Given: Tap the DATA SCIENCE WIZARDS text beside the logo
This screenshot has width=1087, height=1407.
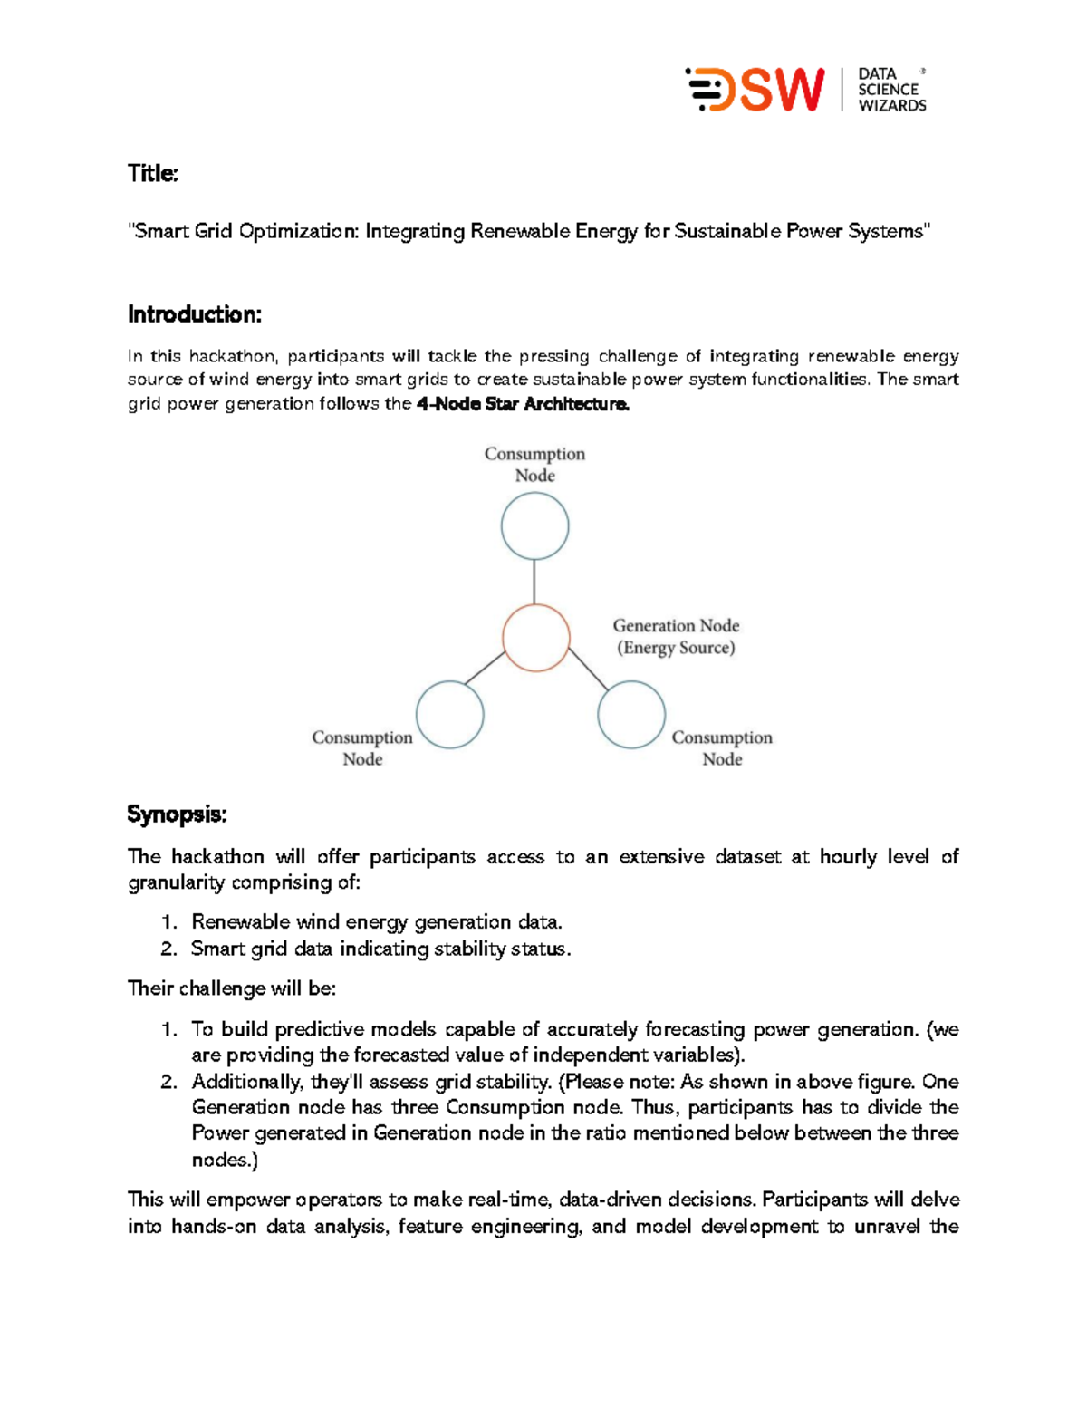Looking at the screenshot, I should coord(891,90).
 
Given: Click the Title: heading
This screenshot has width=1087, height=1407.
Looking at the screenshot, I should coord(152,173).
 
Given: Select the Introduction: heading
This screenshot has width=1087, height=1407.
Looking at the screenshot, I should coord(194,314).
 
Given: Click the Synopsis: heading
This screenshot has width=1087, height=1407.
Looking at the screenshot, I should coord(177,814).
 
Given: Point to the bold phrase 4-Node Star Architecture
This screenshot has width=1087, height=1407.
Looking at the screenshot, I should coord(523,404).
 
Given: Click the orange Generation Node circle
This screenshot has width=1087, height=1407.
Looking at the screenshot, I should coord(536,639).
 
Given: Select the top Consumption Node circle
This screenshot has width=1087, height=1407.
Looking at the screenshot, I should coord(534,526).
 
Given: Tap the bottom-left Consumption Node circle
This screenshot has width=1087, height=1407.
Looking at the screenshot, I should coord(450,715).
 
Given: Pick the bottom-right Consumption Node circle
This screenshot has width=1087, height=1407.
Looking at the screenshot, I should coord(631,715).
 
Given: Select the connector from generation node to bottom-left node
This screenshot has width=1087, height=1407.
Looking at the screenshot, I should coord(485,668).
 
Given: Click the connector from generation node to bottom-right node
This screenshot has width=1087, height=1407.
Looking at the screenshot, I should coord(588,670).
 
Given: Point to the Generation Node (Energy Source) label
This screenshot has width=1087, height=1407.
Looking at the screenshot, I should coord(676,637).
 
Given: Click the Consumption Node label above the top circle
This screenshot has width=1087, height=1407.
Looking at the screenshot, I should coord(534,464).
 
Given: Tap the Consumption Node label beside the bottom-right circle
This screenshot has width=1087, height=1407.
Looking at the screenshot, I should coord(722,748).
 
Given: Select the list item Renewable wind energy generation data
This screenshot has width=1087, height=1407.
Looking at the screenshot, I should coord(376,922).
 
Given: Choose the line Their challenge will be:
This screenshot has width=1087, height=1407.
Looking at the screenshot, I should coord(232,988).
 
